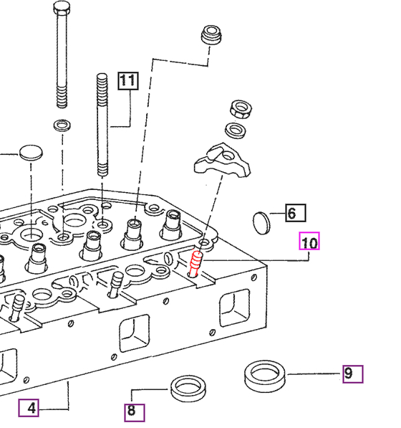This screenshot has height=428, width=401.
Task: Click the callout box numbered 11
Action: click(128, 81)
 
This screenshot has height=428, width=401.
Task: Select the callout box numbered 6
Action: click(296, 213)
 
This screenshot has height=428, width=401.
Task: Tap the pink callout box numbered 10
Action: click(309, 241)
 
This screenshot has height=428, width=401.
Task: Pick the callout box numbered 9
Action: click(353, 374)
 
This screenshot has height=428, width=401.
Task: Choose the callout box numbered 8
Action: click(135, 413)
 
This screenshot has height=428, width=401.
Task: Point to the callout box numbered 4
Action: click(29, 408)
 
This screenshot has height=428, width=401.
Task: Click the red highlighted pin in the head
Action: click(195, 263)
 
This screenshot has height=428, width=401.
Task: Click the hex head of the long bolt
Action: click(62, 8)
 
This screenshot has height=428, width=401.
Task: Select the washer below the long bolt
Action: click(62, 125)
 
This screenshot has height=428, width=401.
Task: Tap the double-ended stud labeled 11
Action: click(102, 125)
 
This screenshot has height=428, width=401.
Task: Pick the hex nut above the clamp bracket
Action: click(241, 109)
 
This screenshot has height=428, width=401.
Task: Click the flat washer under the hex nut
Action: click(236, 130)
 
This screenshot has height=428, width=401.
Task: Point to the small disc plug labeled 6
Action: click(261, 223)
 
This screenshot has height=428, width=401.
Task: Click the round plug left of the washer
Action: click(31, 153)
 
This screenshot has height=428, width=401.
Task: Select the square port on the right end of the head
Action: click(234, 308)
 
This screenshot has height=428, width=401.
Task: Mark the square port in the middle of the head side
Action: click(134, 333)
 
